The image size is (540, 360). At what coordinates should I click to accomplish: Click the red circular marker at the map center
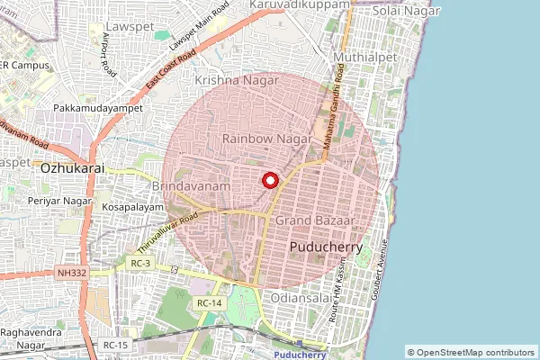point(268,181)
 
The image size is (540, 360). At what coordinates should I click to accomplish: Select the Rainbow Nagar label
point(267,139)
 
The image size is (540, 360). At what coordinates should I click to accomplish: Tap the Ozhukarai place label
point(72,167)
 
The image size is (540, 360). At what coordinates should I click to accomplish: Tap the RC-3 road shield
point(140,264)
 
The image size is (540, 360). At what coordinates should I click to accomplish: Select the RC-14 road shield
point(209,303)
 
